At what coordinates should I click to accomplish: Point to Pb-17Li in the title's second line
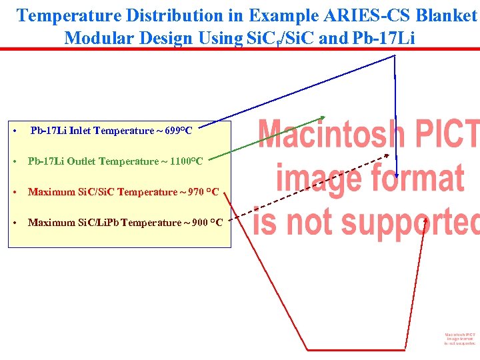coord(383,38)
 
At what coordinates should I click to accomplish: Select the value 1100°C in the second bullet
coord(187,161)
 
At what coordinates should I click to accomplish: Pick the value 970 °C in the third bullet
coord(203,192)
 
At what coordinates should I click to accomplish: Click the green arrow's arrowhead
coord(322,117)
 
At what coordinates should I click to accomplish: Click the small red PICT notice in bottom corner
coord(460,339)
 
